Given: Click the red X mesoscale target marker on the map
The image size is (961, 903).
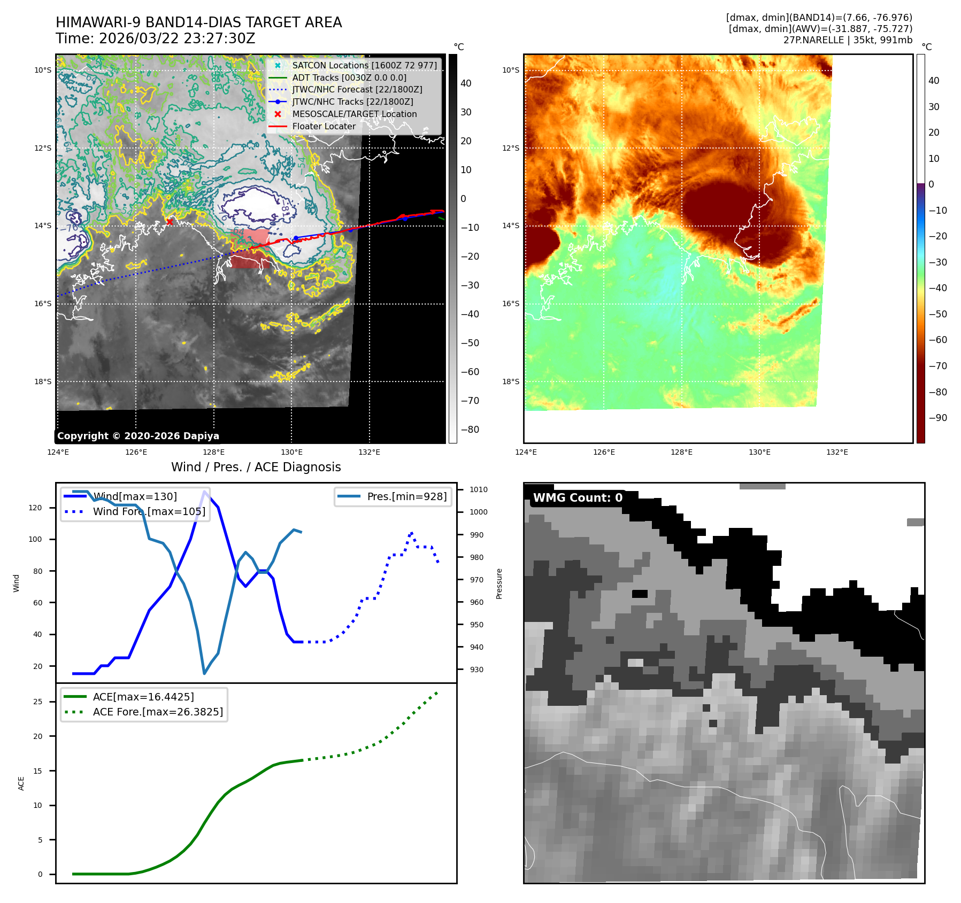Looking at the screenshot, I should click(x=170, y=221).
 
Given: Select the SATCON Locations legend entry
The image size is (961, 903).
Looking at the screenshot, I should click(x=364, y=65).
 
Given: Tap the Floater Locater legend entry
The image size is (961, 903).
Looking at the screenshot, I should click(x=324, y=126).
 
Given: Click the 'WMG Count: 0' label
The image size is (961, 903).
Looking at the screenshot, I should click(x=578, y=498).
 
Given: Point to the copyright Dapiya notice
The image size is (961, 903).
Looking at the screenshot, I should click(x=138, y=436).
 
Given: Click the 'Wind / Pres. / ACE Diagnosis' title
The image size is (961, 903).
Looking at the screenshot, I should click(x=256, y=467).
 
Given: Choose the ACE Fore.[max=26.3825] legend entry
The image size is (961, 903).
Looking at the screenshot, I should click(x=158, y=712).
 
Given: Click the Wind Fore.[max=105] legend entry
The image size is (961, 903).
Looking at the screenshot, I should click(x=149, y=511).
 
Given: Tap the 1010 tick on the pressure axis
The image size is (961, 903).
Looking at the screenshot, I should click(x=479, y=489).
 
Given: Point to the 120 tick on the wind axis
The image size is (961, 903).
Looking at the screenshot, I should click(x=35, y=508).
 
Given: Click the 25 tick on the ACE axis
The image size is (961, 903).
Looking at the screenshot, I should click(x=37, y=702).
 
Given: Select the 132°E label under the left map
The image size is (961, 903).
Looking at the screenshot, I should click(x=369, y=453).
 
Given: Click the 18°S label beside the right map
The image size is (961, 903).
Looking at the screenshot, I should click(x=510, y=382).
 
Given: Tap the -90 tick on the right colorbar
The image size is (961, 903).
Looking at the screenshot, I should click(x=937, y=418).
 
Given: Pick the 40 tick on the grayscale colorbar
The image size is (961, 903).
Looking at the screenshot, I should click(x=466, y=83).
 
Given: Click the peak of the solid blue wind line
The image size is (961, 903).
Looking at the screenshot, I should click(x=204, y=492).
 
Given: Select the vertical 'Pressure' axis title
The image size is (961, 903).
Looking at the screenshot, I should click(x=499, y=583).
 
